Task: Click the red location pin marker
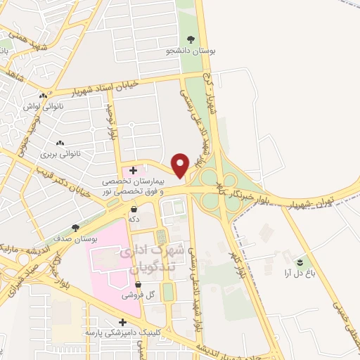tap(181, 165)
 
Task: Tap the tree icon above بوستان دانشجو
tap(192, 39)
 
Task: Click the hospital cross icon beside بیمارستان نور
tap(134, 170)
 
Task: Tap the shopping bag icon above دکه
tap(134, 209)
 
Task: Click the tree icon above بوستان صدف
tap(75, 228)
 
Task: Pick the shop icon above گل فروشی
tap(138, 284)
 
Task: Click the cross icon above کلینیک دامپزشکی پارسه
tap(123, 321)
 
